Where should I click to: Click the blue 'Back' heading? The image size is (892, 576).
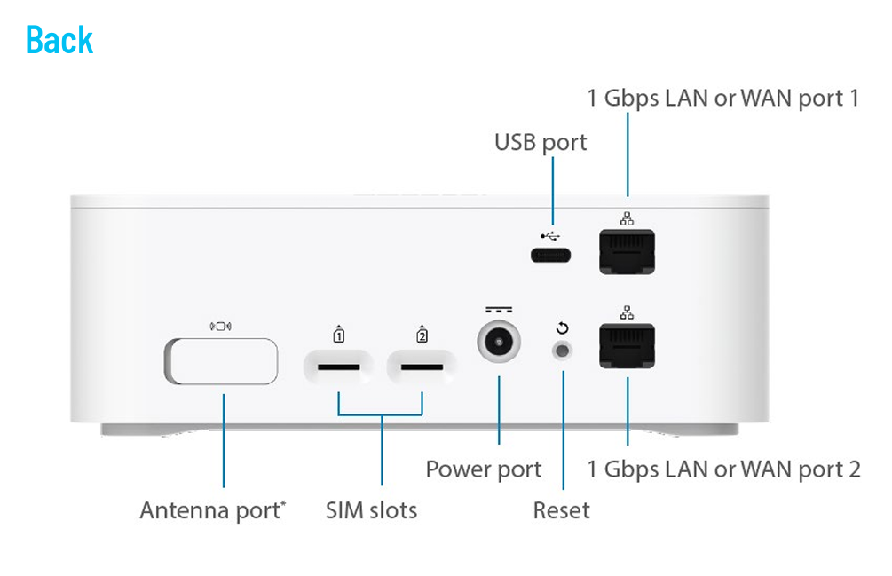59,40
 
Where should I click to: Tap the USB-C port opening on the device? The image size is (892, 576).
551,256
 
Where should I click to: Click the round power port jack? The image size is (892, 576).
499,343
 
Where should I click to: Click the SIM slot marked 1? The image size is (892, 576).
338,366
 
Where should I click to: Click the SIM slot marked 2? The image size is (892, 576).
422,366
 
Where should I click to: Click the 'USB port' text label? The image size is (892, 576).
541,142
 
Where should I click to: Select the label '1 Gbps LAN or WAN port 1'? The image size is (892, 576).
723,98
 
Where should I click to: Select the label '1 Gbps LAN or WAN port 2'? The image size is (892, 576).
723,469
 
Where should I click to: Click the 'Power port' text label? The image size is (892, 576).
484,469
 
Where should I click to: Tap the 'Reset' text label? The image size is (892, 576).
561,510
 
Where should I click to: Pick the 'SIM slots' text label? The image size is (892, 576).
371,510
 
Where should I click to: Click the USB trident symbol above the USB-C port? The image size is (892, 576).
551,236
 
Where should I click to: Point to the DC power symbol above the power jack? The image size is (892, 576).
499,311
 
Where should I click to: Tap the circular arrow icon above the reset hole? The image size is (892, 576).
562,327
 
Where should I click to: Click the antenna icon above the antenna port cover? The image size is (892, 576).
220,326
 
